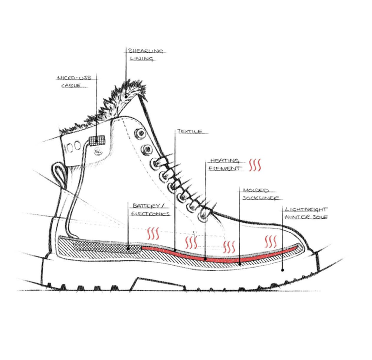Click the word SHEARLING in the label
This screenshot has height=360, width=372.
[x=145, y=51]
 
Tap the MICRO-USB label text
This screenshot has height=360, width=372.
[x=74, y=78]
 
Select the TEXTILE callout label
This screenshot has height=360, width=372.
[x=190, y=131]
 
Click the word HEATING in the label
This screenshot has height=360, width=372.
[x=225, y=161]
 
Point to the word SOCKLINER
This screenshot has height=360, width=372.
[x=261, y=198]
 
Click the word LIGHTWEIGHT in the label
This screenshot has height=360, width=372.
[x=306, y=209]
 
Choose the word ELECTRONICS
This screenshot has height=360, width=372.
[x=151, y=213]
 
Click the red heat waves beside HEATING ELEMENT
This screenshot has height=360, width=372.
[x=255, y=165]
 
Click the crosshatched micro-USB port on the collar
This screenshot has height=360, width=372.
[x=97, y=140]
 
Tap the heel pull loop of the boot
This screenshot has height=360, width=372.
[x=59, y=173]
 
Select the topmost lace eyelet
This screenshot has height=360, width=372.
[x=140, y=133]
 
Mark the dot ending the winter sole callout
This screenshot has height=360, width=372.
[x=282, y=270]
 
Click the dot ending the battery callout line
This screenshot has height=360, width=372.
[x=128, y=249]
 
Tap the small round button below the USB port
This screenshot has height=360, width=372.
[x=97, y=151]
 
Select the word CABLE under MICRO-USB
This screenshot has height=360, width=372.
[x=71, y=85]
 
